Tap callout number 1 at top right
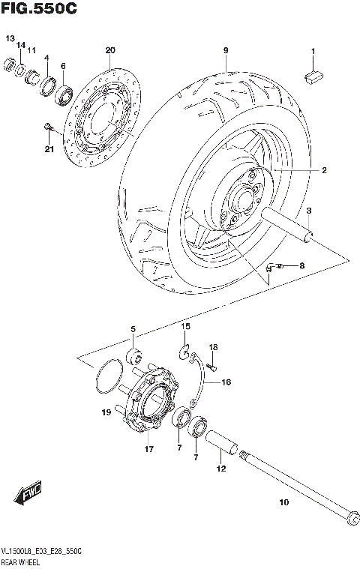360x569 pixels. tap(313, 51)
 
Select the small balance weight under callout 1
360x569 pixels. tap(313, 74)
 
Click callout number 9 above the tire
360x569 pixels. tap(224, 51)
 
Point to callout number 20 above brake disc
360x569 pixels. tap(110, 50)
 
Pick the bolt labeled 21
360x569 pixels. tap(49, 127)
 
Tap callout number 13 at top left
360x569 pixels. tap(10, 38)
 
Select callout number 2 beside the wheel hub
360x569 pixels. tap(324, 171)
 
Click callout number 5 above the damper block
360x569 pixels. tap(133, 328)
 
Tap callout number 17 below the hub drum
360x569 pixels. tap(148, 450)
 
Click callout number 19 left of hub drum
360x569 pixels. tap(106, 412)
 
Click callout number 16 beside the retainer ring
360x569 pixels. tap(226, 382)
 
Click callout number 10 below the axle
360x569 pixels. tap(283, 504)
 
